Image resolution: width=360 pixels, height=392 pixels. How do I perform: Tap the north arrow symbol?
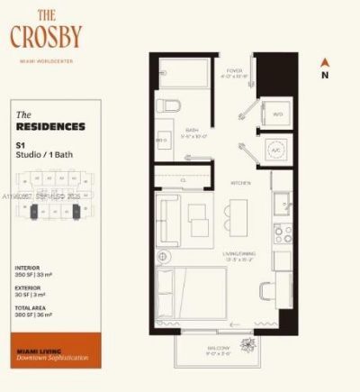pos(325,64)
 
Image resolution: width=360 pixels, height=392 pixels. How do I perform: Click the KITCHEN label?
pos(239,182)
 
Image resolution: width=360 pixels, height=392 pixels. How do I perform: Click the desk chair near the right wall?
pos(268,292)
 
